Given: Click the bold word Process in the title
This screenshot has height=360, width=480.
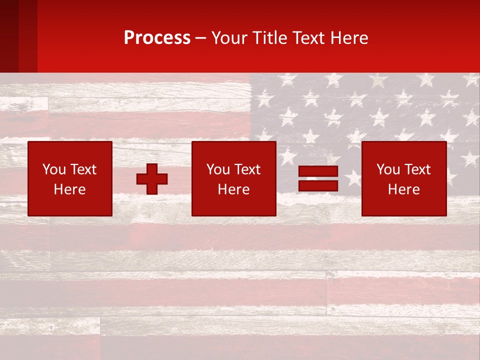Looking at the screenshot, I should [x=157, y=38].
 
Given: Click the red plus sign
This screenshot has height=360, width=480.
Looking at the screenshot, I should [x=152, y=179].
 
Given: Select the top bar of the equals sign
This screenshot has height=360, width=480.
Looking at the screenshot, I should [x=318, y=171].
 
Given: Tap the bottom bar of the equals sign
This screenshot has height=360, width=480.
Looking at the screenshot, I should [x=318, y=185].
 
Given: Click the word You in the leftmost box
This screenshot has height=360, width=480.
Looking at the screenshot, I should [x=54, y=169].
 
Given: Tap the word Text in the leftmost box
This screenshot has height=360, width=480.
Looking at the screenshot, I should [x=82, y=169].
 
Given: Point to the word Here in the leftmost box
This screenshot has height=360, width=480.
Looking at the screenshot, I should [x=69, y=189].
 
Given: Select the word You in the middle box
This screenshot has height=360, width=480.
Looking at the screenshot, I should [x=218, y=169].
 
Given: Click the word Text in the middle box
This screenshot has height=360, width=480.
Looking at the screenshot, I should [x=246, y=169].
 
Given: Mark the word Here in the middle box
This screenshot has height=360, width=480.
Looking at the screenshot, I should [x=233, y=189].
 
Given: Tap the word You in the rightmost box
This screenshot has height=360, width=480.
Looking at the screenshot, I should [x=388, y=169].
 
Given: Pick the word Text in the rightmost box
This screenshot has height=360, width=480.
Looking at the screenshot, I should [x=416, y=169].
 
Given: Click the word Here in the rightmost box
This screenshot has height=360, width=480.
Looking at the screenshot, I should [x=403, y=189].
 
